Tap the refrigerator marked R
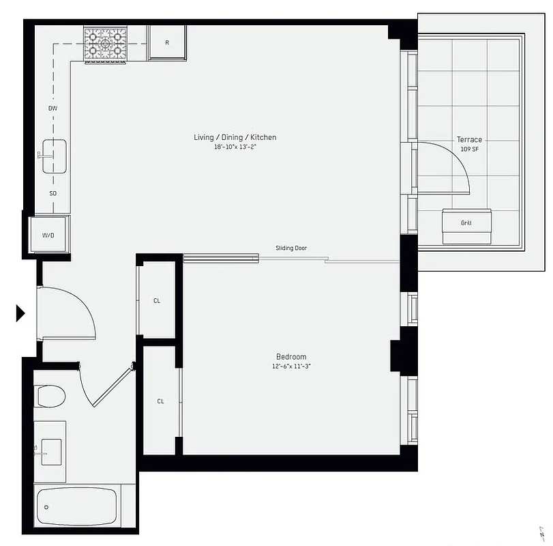tap(167, 43)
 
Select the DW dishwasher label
tap(53, 109)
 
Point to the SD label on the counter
tap(53, 193)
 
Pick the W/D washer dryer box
tap(48, 235)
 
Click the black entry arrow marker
tap(20, 313)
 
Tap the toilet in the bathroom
tap(50, 396)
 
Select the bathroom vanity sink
tap(50, 451)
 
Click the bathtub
tap(76, 506)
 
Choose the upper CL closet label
tap(157, 301)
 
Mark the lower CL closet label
tap(160, 401)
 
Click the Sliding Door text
tap(291, 248)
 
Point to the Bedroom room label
tap(291, 357)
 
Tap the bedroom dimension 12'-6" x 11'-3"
tap(291, 367)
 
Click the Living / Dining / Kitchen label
tap(235, 137)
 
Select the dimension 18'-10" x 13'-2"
tap(235, 147)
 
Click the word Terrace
tap(469, 140)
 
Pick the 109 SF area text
tap(469, 149)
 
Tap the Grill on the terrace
tap(466, 223)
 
